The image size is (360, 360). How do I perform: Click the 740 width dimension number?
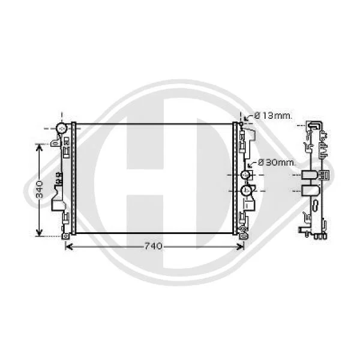click(x=153, y=247)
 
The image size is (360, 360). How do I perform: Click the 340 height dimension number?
click(x=40, y=190)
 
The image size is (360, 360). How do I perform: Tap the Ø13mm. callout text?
click(x=273, y=116)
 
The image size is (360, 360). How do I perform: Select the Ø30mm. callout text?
click(x=277, y=163)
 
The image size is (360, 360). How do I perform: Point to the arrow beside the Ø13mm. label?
click(x=248, y=118)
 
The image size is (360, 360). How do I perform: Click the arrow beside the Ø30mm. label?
click(x=252, y=164)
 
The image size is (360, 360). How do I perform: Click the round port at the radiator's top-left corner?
click(x=61, y=128)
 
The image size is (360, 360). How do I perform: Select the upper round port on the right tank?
click(x=245, y=175)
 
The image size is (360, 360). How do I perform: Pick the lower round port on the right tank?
click(x=245, y=190)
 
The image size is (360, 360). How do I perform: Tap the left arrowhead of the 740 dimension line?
click(x=69, y=247)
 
